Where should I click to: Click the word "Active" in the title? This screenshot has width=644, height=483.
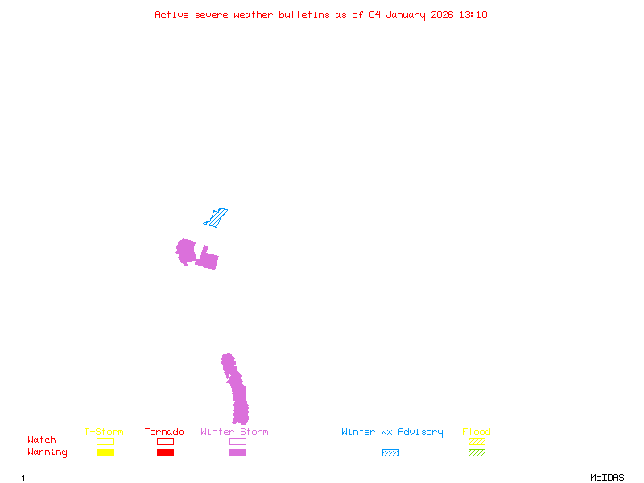pyautogui.click(x=172, y=14)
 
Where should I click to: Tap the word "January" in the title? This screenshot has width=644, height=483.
pyautogui.click(x=403, y=14)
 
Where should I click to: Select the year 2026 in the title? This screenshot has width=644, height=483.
pyautogui.click(x=442, y=14)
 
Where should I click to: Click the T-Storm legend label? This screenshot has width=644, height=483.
pyautogui.click(x=104, y=432)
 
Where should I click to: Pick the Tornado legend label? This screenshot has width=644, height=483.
pyautogui.click(x=164, y=432)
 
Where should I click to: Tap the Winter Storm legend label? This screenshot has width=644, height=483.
pyautogui.click(x=234, y=432)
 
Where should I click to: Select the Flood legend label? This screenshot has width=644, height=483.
pyautogui.click(x=477, y=432)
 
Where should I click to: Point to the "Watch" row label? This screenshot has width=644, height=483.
pyautogui.click(x=42, y=440)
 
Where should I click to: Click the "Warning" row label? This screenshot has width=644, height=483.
pyautogui.click(x=47, y=452)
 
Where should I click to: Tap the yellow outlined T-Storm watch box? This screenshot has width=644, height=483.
pyautogui.click(x=105, y=441)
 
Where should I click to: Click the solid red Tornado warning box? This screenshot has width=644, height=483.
pyautogui.click(x=165, y=452)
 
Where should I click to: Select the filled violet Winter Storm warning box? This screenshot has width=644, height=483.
pyautogui.click(x=237, y=452)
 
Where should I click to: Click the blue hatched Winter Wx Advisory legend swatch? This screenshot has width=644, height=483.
pyautogui.click(x=390, y=452)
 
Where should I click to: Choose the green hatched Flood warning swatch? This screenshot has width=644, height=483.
pyautogui.click(x=477, y=452)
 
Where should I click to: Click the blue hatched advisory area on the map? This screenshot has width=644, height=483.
pyautogui.click(x=216, y=217)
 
